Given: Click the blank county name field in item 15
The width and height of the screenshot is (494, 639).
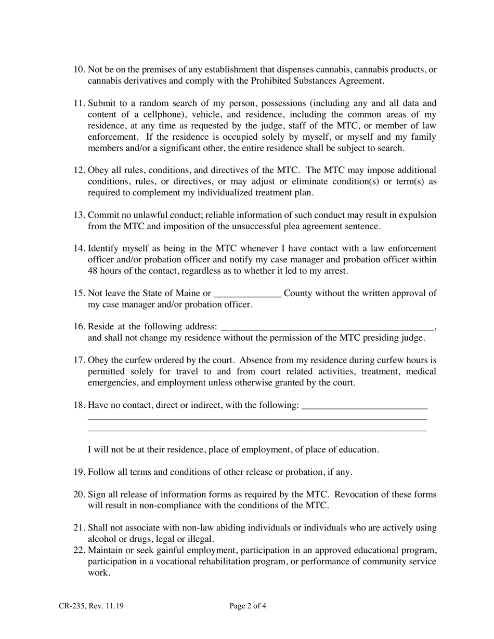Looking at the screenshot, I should pos(248,294).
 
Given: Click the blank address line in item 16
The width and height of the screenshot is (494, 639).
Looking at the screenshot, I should pos(327,327).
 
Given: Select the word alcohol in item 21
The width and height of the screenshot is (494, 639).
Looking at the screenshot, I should pos(101,539).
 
